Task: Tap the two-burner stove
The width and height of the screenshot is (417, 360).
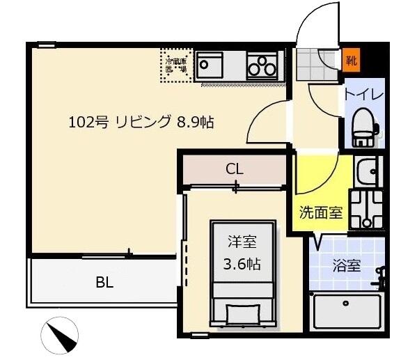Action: pyautogui.click(x=262, y=67)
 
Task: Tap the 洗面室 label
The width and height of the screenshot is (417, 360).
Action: pyautogui.click(x=321, y=212)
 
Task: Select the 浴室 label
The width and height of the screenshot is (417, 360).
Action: pyautogui.click(x=346, y=265)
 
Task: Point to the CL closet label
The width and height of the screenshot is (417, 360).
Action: pyautogui.click(x=235, y=169)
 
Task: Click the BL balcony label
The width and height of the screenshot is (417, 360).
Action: pyautogui.click(x=105, y=283)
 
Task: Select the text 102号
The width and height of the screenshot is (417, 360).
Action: pyautogui.click(x=88, y=123)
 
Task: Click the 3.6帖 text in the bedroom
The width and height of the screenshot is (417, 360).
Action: pyautogui.click(x=242, y=265)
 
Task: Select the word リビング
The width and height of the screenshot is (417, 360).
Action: pyautogui.click(x=143, y=123)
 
